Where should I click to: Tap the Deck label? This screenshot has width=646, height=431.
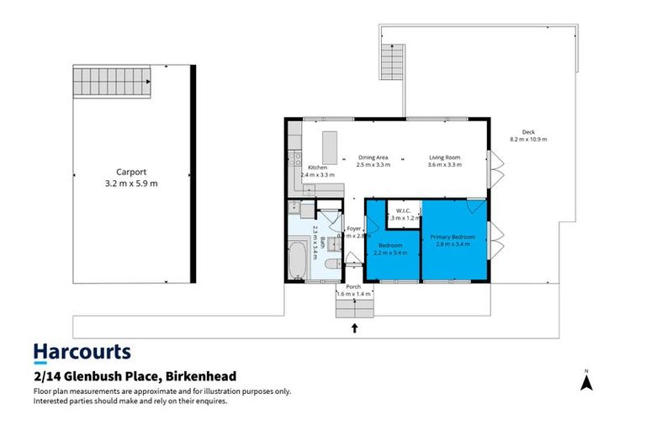click(528, 132)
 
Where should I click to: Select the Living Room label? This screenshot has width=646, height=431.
click(445, 157)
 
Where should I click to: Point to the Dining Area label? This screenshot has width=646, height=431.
click(373, 157)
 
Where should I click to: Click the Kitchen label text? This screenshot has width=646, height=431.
click(317, 168)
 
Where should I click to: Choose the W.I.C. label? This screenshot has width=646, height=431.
click(403, 210)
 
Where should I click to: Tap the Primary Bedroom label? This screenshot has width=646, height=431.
click(453, 237)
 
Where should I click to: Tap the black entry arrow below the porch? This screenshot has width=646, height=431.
click(354, 327)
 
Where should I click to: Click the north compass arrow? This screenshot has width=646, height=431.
click(588, 382)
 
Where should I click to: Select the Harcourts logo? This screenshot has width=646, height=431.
click(82, 352)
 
